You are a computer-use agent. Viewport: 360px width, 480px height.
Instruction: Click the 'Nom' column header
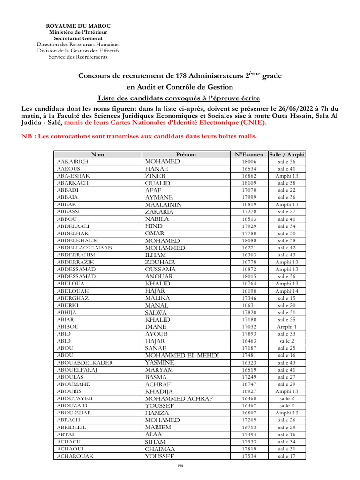tap(97, 154)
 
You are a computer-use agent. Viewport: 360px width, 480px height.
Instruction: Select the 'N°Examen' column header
tap(249, 154)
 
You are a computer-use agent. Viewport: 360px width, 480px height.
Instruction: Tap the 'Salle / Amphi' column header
tap(286, 154)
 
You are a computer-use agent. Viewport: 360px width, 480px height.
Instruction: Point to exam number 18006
tap(249, 162)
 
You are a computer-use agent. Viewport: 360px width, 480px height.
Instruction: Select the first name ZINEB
tap(156, 176)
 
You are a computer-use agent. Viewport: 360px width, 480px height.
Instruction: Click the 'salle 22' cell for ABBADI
tap(286, 190)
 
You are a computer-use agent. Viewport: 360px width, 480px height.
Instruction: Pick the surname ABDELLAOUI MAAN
tap(84, 248)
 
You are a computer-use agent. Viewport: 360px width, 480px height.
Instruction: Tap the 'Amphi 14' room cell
tap(286, 291)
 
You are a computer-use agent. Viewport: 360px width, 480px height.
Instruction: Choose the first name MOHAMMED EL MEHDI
tap(179, 355)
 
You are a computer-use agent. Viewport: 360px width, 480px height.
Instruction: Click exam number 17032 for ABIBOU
tap(249, 327)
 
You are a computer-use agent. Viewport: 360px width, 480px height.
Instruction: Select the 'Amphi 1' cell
tap(286, 327)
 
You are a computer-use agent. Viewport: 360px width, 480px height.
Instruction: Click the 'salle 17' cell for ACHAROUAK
tap(286, 456)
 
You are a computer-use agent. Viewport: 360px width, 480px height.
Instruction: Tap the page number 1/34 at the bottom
tap(180, 465)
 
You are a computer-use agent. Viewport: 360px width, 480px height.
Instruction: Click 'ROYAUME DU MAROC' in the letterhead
tap(78, 26)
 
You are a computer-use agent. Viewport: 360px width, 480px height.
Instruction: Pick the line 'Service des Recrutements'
tap(78, 57)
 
